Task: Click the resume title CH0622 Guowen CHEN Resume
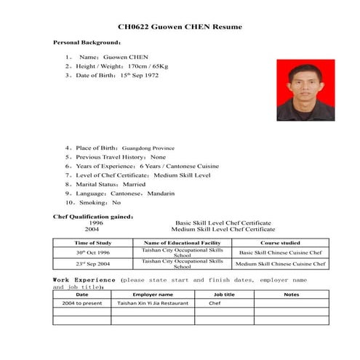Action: tap(180, 27)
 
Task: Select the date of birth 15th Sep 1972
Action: tap(139, 75)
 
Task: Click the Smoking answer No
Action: tap(116, 203)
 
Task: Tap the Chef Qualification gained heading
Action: tap(93, 217)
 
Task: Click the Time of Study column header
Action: tap(93, 242)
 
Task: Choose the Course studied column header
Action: tap(280, 242)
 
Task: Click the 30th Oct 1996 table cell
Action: tap(93, 252)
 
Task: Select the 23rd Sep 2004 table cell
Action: tap(93, 264)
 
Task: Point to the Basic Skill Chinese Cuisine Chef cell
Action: tap(280, 252)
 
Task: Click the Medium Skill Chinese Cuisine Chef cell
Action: tap(280, 264)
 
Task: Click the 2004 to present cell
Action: tap(82, 303)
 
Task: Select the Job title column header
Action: tap(224, 294)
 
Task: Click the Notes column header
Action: tap(291, 294)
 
